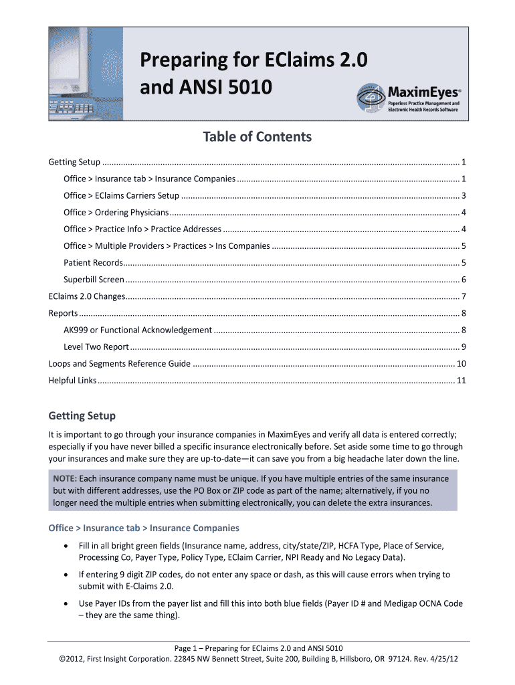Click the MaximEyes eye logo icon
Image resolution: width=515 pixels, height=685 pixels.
pos(372,98)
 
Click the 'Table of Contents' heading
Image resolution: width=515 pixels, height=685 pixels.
pos(257,137)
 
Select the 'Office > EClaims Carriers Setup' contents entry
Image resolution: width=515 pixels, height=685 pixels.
pos(121,195)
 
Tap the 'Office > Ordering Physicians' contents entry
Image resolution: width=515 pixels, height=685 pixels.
pos(116,212)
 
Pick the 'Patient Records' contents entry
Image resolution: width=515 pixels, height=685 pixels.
pos(93,262)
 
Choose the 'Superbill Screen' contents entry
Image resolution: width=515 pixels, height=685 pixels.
pos(94,279)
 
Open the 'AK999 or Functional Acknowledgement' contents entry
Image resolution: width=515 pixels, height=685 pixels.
pos(137,330)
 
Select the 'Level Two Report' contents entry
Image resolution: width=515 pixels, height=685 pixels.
pos(96,347)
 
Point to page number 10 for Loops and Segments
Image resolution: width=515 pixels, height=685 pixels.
pos(461,363)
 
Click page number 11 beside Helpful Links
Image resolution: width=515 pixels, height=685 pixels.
pos(461,381)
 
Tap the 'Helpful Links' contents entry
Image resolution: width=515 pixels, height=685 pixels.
pos(72,381)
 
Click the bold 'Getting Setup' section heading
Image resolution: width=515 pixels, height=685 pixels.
pos(82,415)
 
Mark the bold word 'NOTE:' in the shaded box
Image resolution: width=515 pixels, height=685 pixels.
pos(66,479)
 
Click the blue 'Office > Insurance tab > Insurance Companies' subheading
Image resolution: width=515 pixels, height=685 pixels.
pos(144,528)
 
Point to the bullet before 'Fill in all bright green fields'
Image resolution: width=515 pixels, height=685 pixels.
pos(65,546)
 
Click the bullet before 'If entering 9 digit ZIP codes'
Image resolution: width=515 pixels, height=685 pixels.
pos(65,575)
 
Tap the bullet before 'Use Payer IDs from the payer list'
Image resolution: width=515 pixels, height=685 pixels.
pos(65,603)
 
